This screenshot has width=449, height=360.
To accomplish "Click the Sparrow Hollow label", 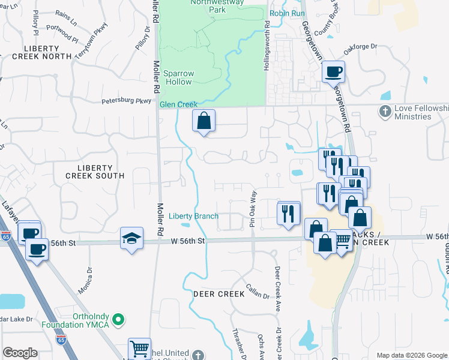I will pos(178,77).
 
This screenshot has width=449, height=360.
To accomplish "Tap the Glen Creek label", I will pos(178,104).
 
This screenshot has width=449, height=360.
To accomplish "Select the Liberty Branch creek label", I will pos(193,216).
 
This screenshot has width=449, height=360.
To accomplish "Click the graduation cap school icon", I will pos(131,238).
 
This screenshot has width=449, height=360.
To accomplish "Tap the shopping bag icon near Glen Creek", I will pos(203,121).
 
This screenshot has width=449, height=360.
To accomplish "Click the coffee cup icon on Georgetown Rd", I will pos(333,72).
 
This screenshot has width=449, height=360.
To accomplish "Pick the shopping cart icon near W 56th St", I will pos(342,241).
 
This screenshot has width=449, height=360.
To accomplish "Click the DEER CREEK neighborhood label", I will pos(219,294).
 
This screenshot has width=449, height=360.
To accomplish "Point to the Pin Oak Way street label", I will pos(253,209).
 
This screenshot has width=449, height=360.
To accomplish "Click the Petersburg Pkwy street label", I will pos(126,101).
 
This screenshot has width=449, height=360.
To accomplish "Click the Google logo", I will pos(20,353).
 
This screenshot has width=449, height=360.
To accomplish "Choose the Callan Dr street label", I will pos(257,292).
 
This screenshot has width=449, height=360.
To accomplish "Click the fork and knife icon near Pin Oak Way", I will pos(288,213).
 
